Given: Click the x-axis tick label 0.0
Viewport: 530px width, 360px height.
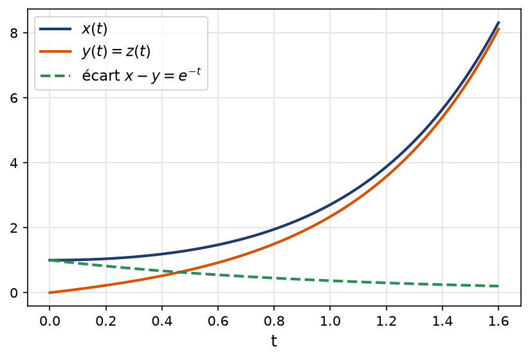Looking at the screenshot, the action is [50, 321].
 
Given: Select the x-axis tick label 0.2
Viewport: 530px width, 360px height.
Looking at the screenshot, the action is [105, 321].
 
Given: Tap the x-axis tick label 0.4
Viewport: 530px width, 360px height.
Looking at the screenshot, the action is [162, 321].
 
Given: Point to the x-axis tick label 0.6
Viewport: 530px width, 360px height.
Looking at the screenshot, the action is [218, 321].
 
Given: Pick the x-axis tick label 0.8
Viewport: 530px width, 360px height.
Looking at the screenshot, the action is [274, 321].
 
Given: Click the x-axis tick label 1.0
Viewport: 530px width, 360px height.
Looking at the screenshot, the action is [330, 321].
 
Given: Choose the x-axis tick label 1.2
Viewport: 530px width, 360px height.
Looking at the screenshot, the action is [387, 321].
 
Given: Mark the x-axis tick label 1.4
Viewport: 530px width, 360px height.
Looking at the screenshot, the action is [443, 321].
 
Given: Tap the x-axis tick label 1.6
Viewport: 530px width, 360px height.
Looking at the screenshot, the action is [498, 321].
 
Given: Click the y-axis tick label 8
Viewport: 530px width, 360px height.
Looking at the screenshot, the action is [14, 33].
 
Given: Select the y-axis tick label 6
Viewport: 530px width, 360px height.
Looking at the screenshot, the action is [14, 98].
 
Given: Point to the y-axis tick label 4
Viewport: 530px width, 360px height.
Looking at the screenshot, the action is [14, 163].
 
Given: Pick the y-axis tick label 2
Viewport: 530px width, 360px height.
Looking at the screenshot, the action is [14, 228].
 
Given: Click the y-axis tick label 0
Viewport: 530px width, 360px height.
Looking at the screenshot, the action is [14, 292].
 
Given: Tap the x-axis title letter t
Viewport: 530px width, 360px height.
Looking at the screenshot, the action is [274, 341].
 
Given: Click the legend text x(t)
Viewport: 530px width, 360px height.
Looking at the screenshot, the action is [95, 29].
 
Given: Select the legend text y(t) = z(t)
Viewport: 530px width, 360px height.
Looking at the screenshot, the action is [116, 51].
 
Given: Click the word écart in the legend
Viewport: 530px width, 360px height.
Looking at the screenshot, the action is [101, 75].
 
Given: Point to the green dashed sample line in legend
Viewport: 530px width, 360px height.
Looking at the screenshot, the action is [55, 76].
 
